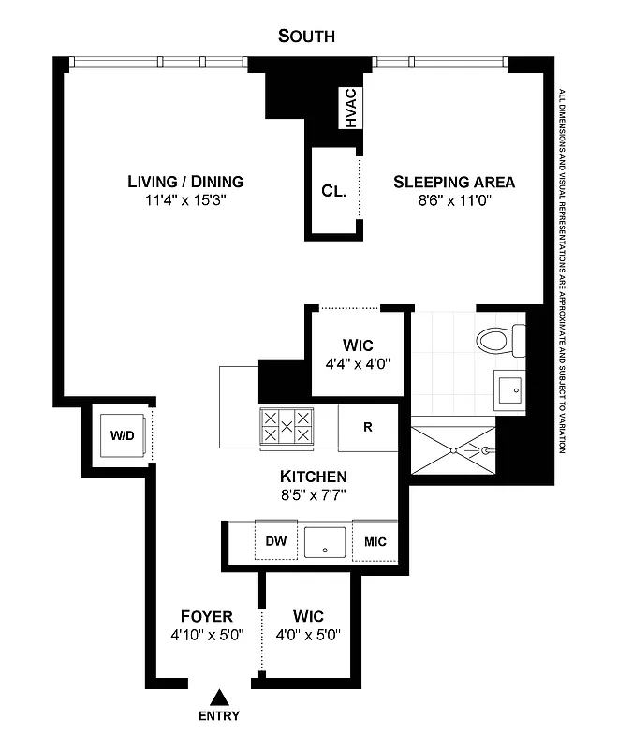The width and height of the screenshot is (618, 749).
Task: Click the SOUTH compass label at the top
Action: (306, 37)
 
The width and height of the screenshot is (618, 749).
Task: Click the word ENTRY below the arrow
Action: (218, 716)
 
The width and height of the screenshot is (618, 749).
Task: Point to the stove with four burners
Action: (287, 426)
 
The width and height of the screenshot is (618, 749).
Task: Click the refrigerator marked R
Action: (368, 426)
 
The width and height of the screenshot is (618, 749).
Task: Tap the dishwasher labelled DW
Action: (275, 541)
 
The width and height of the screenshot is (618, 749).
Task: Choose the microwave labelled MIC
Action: (375, 541)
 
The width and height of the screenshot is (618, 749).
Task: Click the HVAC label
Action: (350, 109)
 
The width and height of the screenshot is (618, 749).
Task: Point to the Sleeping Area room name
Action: (453, 182)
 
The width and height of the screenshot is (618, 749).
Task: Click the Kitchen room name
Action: (314, 476)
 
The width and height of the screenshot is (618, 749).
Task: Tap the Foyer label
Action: (206, 616)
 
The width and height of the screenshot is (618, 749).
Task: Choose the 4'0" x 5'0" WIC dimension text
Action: (308, 634)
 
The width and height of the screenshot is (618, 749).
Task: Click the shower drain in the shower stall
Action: (455, 450)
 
